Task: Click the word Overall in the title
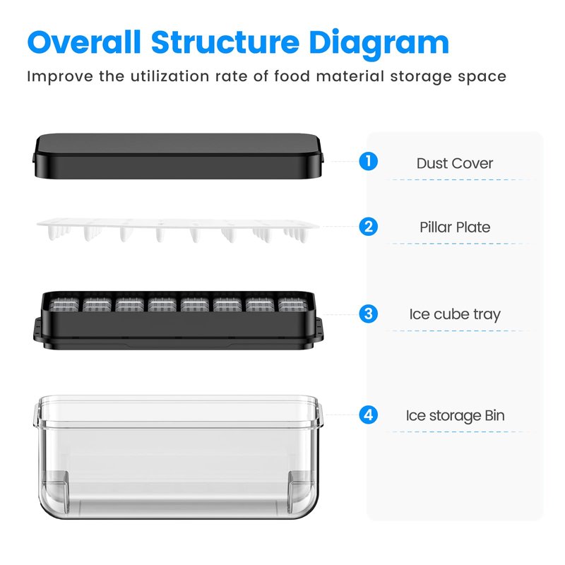[83, 42]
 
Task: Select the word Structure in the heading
[225, 42]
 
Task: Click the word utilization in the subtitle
[169, 76]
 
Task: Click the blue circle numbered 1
[368, 161]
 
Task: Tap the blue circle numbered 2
[368, 227]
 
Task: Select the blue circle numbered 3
[368, 314]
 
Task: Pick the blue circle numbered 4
[368, 415]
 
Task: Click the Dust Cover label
[455, 163]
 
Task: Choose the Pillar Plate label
[455, 227]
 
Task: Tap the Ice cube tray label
[455, 314]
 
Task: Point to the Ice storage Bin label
[455, 416]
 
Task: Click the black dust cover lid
[178, 156]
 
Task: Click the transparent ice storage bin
[178, 457]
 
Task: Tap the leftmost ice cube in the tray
[64, 305]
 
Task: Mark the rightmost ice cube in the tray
[293, 305]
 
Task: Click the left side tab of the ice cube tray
[38, 329]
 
